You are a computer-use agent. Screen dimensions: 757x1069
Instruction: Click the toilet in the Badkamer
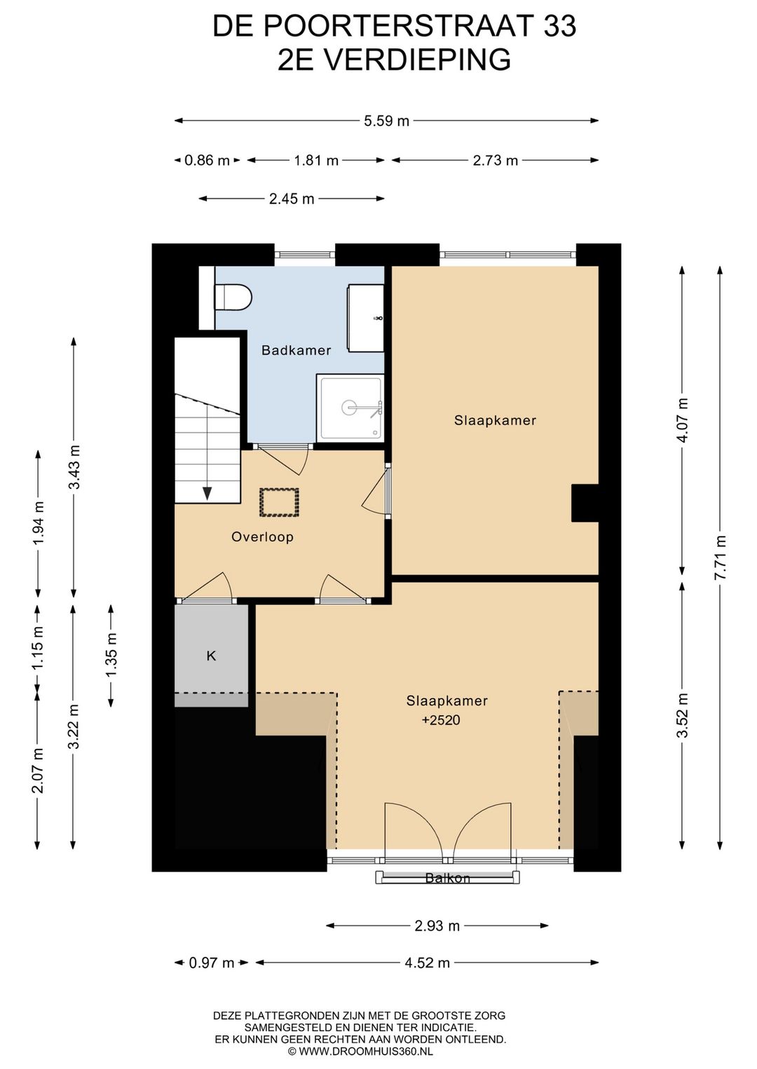(233, 297)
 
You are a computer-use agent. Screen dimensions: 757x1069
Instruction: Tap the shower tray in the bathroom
(350, 407)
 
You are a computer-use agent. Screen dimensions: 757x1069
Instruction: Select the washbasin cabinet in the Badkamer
(366, 318)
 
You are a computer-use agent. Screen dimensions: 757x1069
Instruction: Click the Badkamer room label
(296, 351)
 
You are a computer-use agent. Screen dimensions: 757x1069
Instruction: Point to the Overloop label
(262, 537)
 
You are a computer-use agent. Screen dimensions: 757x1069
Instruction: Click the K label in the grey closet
(211, 656)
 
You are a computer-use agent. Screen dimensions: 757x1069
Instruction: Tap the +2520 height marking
(441, 720)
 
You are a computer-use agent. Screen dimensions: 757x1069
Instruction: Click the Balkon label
(447, 878)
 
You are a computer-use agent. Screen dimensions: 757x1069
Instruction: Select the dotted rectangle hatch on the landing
(280, 502)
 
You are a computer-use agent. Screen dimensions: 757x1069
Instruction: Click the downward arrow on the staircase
(207, 493)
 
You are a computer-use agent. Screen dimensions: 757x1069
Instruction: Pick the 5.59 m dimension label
(386, 121)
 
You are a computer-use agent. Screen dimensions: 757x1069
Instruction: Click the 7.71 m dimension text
(721, 557)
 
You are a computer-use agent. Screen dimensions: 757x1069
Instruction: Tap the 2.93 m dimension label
(437, 926)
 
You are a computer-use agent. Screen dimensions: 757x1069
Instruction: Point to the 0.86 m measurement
(207, 160)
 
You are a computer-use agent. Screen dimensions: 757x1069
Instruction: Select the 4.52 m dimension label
(427, 963)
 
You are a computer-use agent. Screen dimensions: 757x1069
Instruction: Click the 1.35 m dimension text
(111, 654)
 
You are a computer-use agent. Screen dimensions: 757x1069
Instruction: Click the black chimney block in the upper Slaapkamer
(585, 503)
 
